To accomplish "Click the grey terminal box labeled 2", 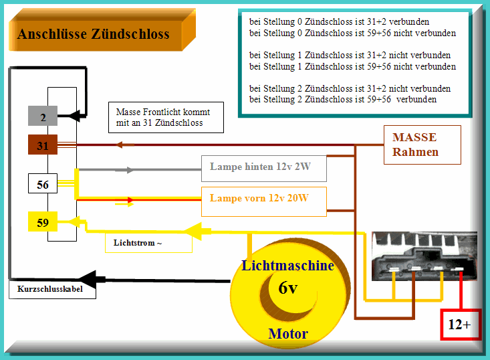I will (x=43, y=116).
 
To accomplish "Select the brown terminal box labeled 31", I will (x=43, y=145).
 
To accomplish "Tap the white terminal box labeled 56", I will (x=43, y=183).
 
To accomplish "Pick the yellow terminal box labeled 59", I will (x=43, y=221).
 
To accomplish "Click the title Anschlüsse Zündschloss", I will (x=93, y=34).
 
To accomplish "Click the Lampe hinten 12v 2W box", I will (x=263, y=168).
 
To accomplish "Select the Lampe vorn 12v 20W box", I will (x=263, y=199).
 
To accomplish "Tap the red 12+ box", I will (x=459, y=325).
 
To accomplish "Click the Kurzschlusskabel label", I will (x=51, y=290).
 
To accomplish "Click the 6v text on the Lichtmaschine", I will (x=288, y=288).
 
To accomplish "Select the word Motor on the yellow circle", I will (x=288, y=333).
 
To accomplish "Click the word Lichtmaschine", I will (x=288, y=266).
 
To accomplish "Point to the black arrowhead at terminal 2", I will (x=77, y=115).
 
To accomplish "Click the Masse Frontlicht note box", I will (x=165, y=118).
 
